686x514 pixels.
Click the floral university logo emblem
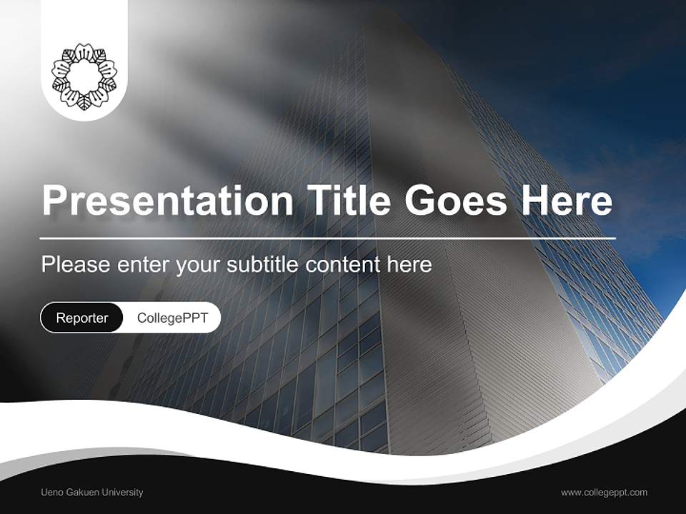[x=84, y=75]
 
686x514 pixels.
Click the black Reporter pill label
[x=81, y=318]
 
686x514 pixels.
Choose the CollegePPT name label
[x=172, y=318]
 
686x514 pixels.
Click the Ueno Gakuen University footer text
[x=92, y=492]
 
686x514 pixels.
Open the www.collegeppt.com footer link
[x=604, y=492]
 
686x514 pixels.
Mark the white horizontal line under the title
[x=327, y=238]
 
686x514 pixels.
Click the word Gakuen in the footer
[x=79, y=492]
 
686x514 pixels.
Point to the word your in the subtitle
[x=199, y=265]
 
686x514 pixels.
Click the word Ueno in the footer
[x=51, y=492]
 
